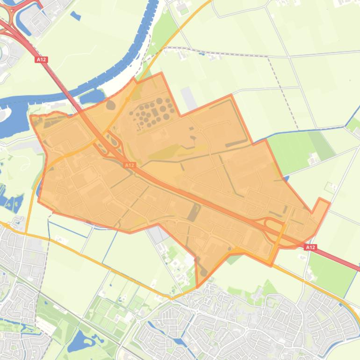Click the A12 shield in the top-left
click(x=41, y=60)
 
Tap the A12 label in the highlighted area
click(x=130, y=165)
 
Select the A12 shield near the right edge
click(x=310, y=247)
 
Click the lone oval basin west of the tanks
click(x=110, y=104)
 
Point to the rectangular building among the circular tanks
click(x=155, y=112)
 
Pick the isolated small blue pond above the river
click(x=75, y=15)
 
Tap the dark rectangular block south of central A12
click(x=192, y=212)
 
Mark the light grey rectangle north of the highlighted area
click(x=189, y=99)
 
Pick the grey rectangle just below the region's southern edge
click(x=157, y=234)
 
